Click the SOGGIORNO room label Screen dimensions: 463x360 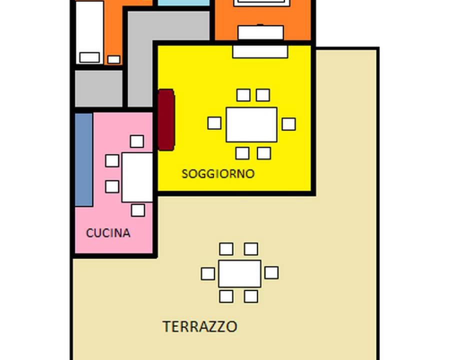[x=218, y=173]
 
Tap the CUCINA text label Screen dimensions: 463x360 [x=108, y=233]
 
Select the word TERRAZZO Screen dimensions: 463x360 [x=200, y=326]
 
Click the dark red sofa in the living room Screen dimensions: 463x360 [x=166, y=120]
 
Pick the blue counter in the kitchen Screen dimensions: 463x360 [x=84, y=159]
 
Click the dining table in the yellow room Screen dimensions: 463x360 [x=251, y=124]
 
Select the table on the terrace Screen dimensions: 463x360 [x=240, y=273]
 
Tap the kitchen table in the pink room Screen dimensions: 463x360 [x=137, y=177]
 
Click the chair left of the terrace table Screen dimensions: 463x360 [x=208, y=274]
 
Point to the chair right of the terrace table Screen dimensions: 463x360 [x=271, y=272]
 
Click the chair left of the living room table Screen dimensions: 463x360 [x=214, y=123]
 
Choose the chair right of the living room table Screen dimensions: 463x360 [x=289, y=124]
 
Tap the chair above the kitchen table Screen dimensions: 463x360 [x=137, y=141]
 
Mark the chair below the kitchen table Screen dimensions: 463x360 [x=138, y=210]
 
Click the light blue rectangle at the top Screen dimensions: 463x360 [x=183, y=2]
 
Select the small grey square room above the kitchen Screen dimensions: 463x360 [x=98, y=88]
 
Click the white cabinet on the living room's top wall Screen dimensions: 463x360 [x=260, y=51]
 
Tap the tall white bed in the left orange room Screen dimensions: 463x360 [x=89, y=32]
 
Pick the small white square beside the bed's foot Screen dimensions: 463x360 [x=113, y=59]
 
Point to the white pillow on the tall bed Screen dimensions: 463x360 [x=89, y=57]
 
